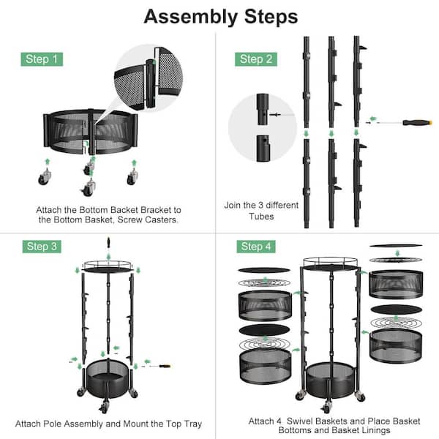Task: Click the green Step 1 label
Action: click(x=42, y=59)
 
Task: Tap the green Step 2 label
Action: click(x=256, y=59)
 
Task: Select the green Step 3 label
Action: click(x=42, y=247)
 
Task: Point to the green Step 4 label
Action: click(x=256, y=247)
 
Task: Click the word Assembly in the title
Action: click(x=190, y=17)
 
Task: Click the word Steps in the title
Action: click(x=271, y=17)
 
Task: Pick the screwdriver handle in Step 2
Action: click(x=417, y=122)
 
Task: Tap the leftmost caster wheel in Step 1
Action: click(x=44, y=177)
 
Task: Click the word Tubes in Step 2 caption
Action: click(x=261, y=216)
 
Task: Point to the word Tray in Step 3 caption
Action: click(x=192, y=424)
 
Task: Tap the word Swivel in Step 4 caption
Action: click(x=302, y=421)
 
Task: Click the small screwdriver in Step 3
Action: click(x=160, y=366)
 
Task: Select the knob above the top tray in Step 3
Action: click(x=108, y=241)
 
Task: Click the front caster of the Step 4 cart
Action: click(x=326, y=407)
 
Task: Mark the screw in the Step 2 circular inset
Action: click(x=275, y=115)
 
